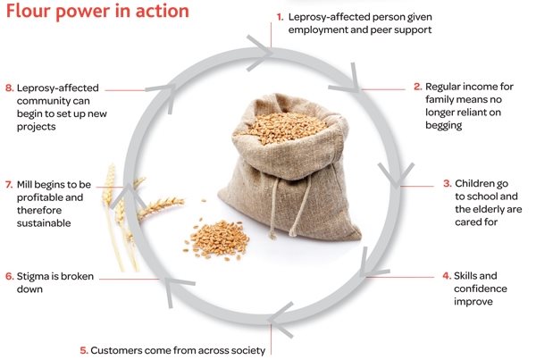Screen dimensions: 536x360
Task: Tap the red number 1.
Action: point(280,17)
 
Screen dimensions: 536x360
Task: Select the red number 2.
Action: point(418,87)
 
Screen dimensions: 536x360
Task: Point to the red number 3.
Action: point(448,184)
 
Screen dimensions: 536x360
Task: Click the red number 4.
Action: point(447,276)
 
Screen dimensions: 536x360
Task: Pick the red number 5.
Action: point(84,350)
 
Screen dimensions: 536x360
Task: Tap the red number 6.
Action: point(10,276)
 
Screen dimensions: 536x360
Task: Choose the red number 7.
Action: point(9,185)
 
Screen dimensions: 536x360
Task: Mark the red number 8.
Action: point(10,88)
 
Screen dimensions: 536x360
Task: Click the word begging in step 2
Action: point(444,125)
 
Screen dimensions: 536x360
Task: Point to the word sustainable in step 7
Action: point(44,223)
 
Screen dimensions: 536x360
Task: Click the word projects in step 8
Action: point(37,127)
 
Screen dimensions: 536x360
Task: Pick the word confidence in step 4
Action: point(481,289)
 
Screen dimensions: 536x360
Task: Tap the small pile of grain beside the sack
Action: point(218,239)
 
